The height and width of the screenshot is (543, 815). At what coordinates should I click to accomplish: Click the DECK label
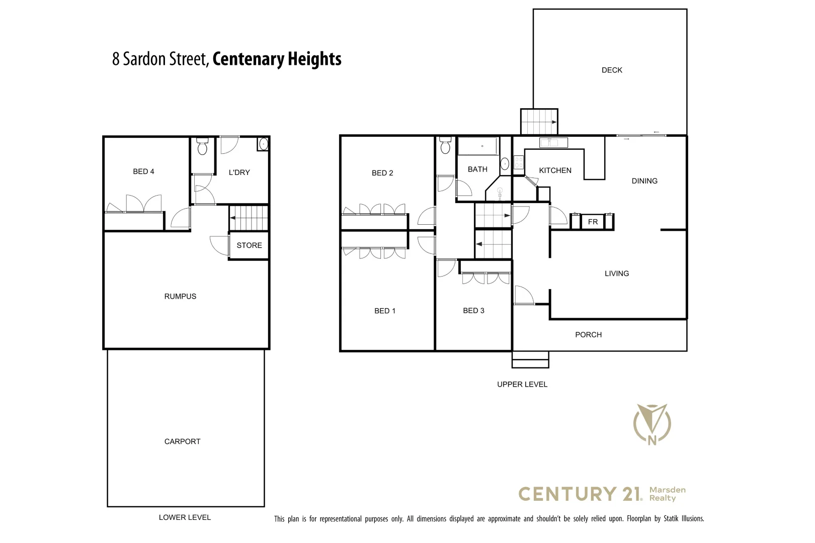[x=612, y=70]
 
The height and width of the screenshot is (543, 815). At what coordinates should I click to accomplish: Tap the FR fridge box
[x=593, y=222]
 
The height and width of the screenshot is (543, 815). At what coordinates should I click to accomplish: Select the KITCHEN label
[x=555, y=170]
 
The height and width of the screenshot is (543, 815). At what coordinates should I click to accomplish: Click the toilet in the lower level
[x=202, y=146]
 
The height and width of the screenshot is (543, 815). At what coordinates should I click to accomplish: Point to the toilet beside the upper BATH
[x=445, y=145]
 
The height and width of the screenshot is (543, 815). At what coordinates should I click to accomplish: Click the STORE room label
[x=249, y=245]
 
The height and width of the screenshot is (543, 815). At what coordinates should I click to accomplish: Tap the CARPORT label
[x=182, y=441]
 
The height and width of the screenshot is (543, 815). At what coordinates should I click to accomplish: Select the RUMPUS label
[x=180, y=296]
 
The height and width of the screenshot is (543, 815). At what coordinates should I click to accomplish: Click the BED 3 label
[x=473, y=311]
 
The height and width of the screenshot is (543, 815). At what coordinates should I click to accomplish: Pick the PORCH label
[x=588, y=334]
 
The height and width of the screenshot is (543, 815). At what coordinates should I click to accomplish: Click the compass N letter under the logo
[x=652, y=440]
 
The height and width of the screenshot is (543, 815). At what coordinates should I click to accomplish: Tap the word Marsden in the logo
[x=667, y=490]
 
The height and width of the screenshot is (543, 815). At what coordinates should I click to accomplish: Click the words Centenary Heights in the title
[x=277, y=59]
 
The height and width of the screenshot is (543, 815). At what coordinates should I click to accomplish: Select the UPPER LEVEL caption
[x=522, y=384]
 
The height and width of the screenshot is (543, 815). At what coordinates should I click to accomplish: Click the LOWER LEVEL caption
[x=185, y=517]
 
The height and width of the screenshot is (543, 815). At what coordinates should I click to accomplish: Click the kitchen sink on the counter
[x=553, y=143]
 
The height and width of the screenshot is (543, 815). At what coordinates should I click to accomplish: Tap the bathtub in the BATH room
[x=477, y=146]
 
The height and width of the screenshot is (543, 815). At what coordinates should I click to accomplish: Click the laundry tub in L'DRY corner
[x=263, y=144]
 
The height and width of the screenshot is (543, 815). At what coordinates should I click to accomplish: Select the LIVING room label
[x=616, y=274]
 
